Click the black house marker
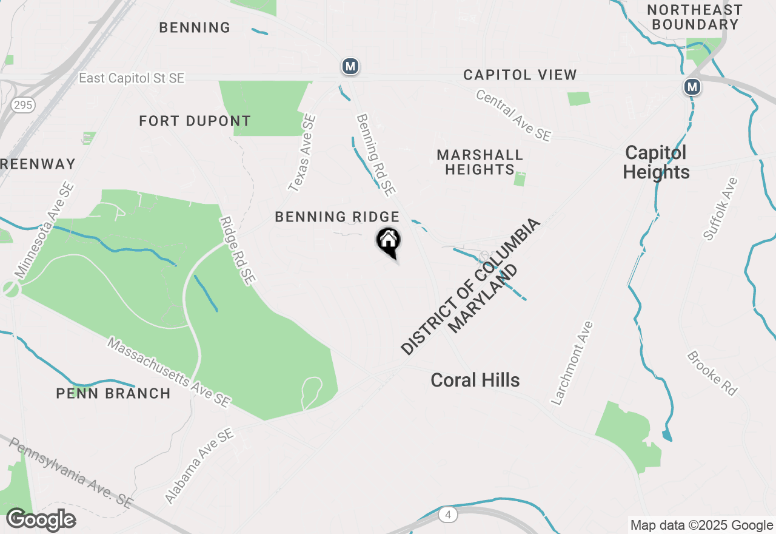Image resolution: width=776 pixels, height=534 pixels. [x=388, y=241]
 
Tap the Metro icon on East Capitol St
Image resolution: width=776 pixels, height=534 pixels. [x=349, y=66]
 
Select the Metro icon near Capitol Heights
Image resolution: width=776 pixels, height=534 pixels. [x=692, y=87]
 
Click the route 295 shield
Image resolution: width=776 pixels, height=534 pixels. [x=22, y=105]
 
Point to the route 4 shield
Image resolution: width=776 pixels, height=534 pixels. [x=447, y=515]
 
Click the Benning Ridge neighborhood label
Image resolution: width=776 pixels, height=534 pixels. [x=337, y=217]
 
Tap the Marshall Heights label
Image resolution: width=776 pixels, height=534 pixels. [x=480, y=162]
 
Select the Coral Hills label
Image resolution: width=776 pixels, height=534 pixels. [x=475, y=380]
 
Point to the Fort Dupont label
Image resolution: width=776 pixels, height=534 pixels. [x=195, y=121]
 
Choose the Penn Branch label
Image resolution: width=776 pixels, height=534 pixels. [x=113, y=393]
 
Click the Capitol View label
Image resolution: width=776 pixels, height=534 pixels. [x=520, y=75]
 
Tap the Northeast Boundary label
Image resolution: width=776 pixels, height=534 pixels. [x=695, y=17]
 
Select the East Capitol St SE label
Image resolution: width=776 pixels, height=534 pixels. [x=132, y=78]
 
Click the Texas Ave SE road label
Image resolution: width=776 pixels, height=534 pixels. [x=302, y=154]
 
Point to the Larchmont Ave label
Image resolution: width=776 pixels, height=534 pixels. [x=572, y=363]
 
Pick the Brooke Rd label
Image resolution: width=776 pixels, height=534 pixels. [x=712, y=373]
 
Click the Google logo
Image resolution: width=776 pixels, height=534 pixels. [x=41, y=520]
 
